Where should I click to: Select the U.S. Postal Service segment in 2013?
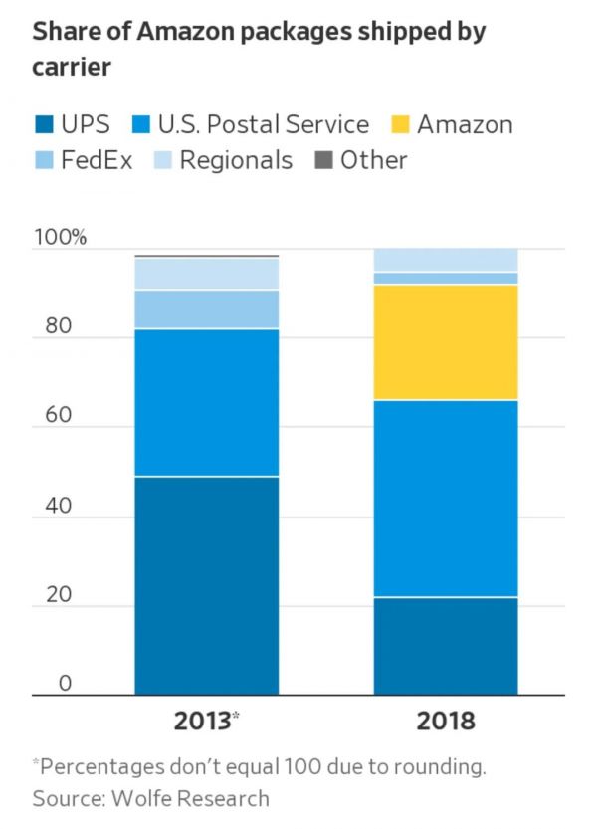point(207,403)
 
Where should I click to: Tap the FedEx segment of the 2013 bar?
point(207,310)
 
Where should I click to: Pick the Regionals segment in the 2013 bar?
point(207,274)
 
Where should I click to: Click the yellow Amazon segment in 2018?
point(446,342)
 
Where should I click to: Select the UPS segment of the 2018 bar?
point(446,646)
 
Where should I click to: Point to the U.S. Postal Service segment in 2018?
point(446,499)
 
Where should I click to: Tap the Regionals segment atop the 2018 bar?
point(446,260)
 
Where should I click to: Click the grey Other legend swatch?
point(322,160)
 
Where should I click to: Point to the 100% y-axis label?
point(61,238)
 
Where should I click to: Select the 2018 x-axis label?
point(446,722)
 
